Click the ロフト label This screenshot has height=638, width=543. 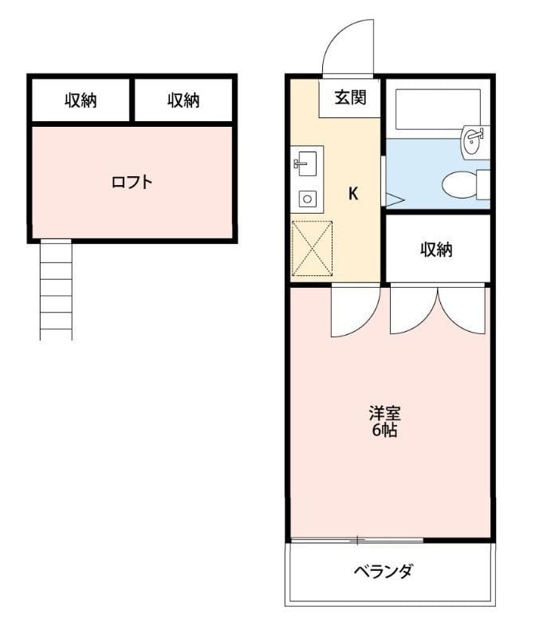tap(132, 182)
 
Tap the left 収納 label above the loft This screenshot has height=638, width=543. tap(81, 100)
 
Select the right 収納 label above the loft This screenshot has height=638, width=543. tap(183, 100)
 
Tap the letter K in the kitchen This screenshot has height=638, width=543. tap(352, 193)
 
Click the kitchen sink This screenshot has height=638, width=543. tap(305, 164)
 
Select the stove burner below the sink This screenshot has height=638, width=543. tap(305, 199)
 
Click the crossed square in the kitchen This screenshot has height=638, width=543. tap(312, 249)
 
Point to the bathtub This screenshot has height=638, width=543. tap(437, 108)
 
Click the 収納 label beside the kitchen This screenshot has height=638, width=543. tap(436, 250)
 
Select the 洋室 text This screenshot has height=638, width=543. tap(384, 414)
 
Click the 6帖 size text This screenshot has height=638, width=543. tap(384, 431)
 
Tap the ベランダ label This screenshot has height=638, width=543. tap(384, 571)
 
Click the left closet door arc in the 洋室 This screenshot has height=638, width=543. tap(412, 311)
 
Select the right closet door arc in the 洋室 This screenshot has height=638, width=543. tap(462, 311)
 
